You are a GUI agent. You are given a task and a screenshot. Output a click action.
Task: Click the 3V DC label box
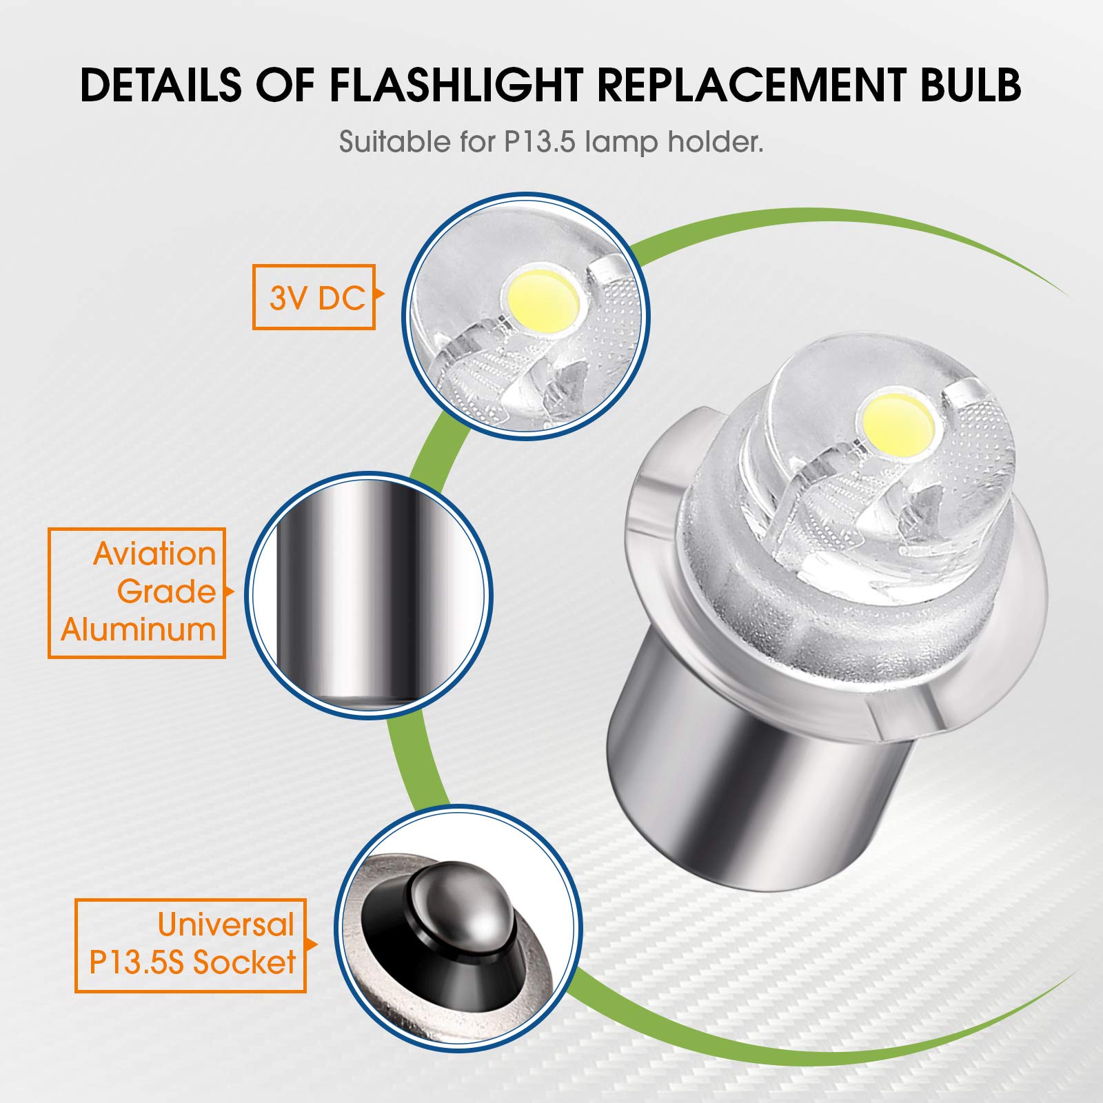coord(314,297)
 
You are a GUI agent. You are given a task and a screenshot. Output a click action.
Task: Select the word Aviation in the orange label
coord(154,554)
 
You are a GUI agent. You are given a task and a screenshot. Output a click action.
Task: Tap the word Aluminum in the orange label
coord(139,629)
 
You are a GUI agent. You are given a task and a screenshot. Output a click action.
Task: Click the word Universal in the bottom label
coord(225,924)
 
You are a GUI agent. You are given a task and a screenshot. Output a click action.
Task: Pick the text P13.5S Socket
coord(192,962)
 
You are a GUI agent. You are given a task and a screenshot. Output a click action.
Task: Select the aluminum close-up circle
coord(369,594)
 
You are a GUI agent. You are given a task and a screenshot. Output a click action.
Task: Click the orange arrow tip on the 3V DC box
coord(380,297)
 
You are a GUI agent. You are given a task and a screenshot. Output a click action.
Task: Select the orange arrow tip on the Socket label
coord(314,944)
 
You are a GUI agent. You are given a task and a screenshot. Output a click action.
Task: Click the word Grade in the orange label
coord(166,592)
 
